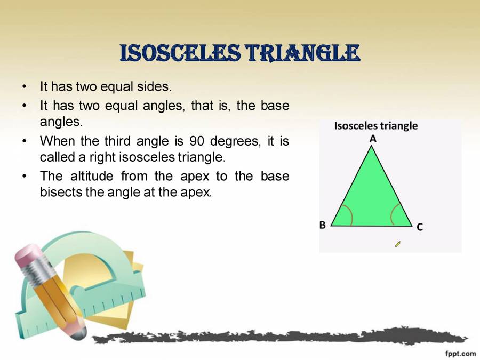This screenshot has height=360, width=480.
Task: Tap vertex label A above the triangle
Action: click(373, 139)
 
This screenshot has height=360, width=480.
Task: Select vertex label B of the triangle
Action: click(323, 225)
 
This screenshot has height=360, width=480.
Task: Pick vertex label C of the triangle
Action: click(420, 227)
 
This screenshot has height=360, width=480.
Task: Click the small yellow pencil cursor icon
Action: click(397, 244)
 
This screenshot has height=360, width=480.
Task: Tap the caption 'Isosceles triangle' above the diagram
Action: click(376, 126)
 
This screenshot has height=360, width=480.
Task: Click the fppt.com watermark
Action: click(460, 353)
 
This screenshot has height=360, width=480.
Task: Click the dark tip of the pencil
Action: click(78, 333)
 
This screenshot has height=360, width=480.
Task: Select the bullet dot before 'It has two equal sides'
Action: click(24, 86)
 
